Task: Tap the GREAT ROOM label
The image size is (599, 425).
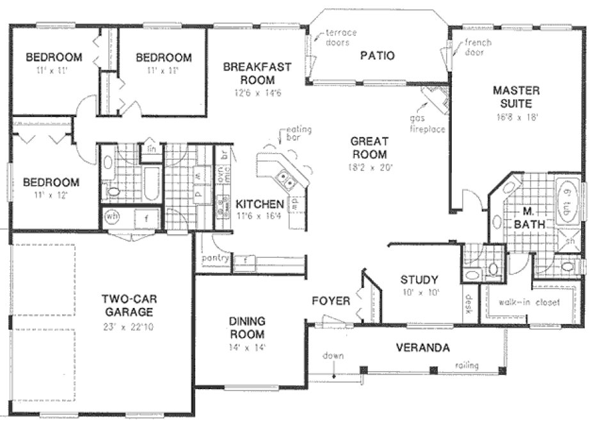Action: pos(369,148)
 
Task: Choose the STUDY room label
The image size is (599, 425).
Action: pos(419,280)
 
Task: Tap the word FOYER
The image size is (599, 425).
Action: pos(331,301)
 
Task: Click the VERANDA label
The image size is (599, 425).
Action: pos(422,348)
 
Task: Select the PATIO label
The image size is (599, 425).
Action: pos(377,56)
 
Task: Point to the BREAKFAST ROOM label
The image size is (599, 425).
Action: pos(257,74)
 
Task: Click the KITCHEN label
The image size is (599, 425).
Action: pos(259,204)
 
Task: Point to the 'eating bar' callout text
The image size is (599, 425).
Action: pos(298,134)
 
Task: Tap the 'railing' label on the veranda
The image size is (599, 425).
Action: pos(467,365)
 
